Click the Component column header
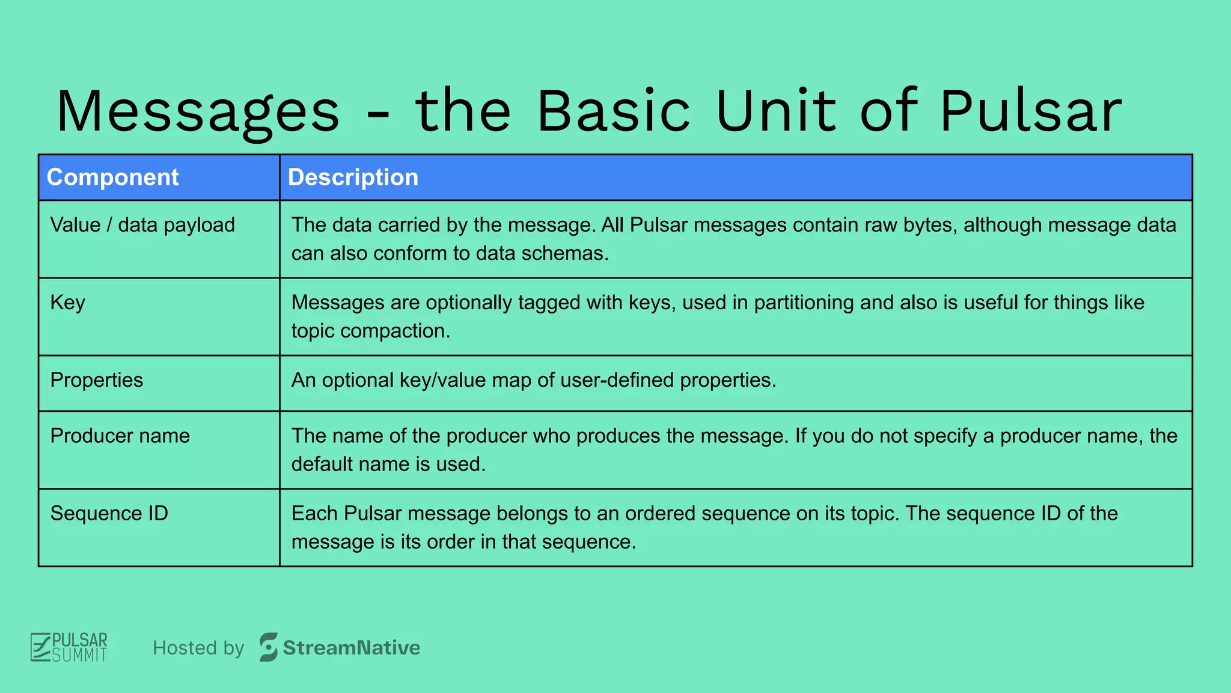pyautogui.click(x=112, y=177)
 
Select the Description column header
pyautogui.click(x=353, y=177)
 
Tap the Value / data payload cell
pyautogui.click(x=142, y=225)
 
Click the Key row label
pyautogui.click(x=67, y=303)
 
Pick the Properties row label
pyautogui.click(x=96, y=380)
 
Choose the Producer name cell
pyautogui.click(x=120, y=436)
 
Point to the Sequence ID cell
pyautogui.click(x=109, y=514)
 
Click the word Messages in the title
pyautogui.click(x=198, y=112)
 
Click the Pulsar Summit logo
pyautogui.click(x=69, y=647)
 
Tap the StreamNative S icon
pyautogui.click(x=269, y=647)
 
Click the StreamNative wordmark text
pyautogui.click(x=351, y=648)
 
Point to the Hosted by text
pyautogui.click(x=198, y=648)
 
